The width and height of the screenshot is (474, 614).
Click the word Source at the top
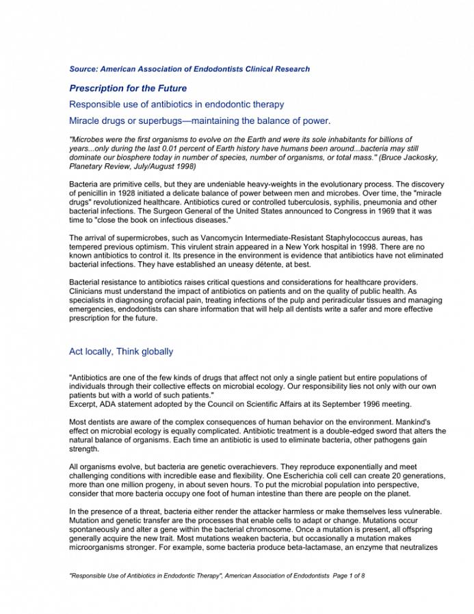(83, 69)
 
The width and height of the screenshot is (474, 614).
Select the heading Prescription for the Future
(128, 88)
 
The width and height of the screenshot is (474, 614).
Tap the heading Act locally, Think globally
(121, 351)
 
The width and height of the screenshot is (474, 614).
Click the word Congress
(328, 211)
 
